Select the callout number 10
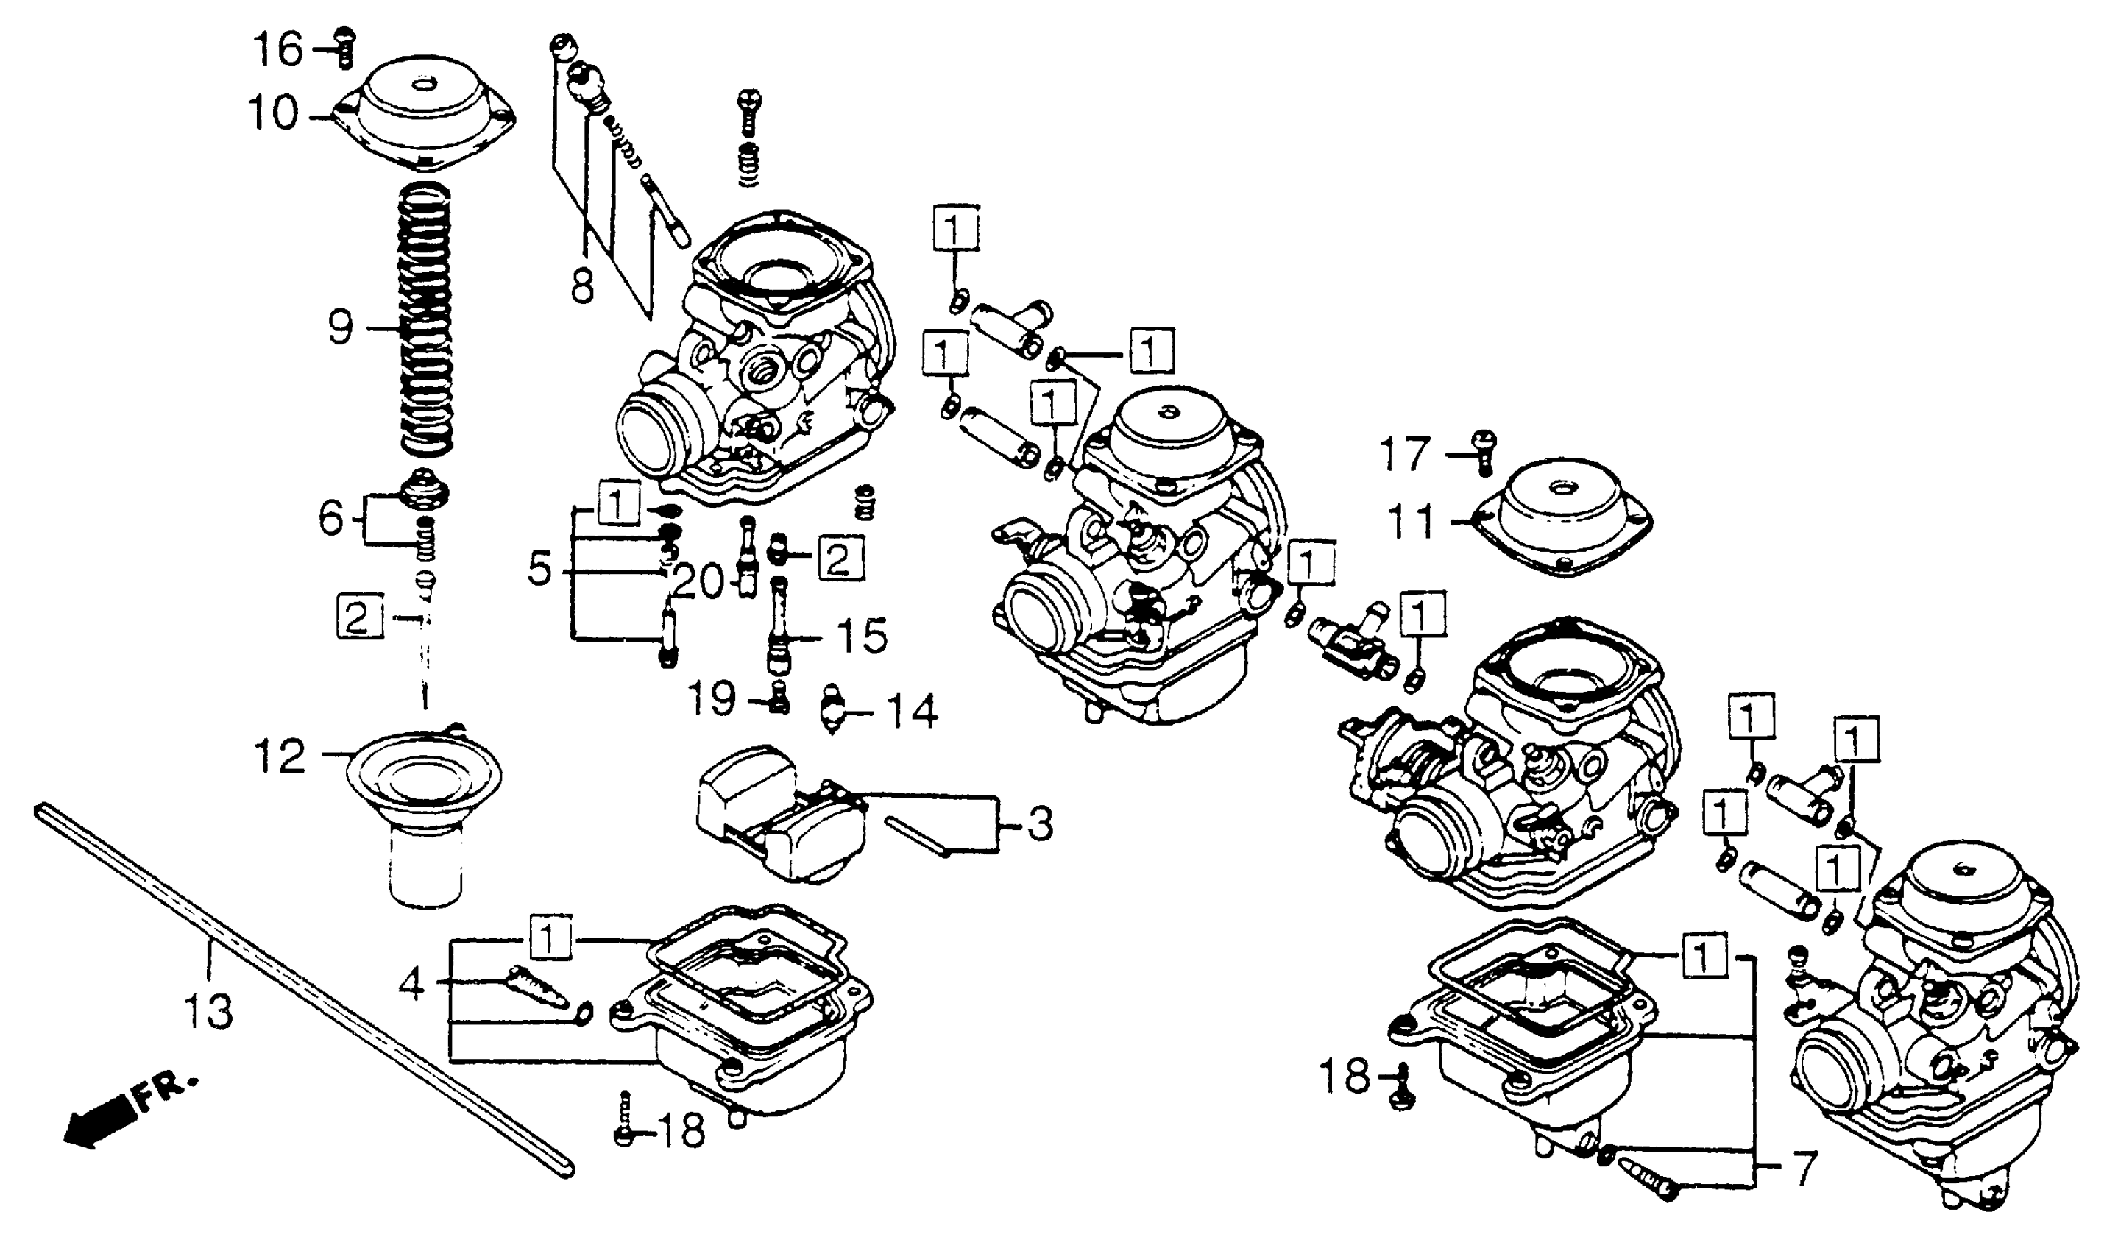[x=272, y=113]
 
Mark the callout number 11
[x=1410, y=522]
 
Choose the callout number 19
[x=712, y=699]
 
